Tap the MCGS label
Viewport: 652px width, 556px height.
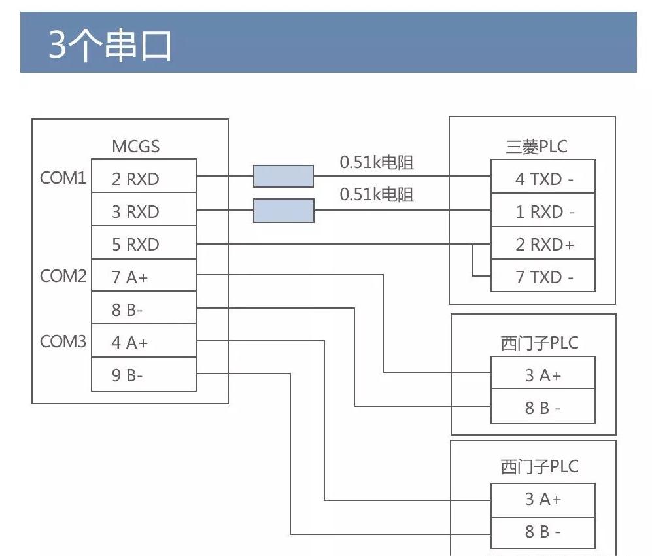pos(135,147)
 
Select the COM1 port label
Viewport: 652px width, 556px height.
pos(63,178)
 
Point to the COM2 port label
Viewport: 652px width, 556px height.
pos(63,276)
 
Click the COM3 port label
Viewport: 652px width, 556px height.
pos(63,341)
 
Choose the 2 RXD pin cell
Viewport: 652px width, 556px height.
pos(143,179)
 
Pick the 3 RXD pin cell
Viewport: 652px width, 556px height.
pos(143,211)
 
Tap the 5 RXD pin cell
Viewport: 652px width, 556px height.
pos(143,244)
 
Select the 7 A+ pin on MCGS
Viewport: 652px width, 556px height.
pos(143,277)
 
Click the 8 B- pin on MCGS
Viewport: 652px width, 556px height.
pos(143,309)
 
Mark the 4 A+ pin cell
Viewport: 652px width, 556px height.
pos(143,342)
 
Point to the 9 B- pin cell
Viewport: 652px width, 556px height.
pos(143,375)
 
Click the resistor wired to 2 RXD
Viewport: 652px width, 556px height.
pos(283,177)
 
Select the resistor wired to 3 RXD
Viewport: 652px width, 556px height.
pos(283,211)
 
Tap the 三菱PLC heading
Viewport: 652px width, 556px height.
pos(536,147)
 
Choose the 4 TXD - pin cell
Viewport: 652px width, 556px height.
pos(543,179)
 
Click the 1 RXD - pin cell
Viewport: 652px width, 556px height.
pos(543,211)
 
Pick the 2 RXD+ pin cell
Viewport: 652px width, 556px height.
pos(543,244)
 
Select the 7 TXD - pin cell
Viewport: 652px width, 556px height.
pos(543,277)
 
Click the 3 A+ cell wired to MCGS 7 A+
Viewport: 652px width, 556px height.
pos(543,375)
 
